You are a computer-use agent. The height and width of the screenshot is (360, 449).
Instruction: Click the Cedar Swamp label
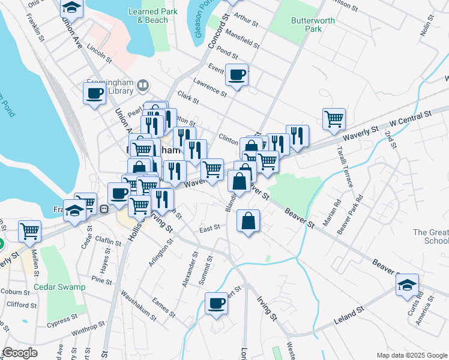pyautogui.click(x=59, y=287)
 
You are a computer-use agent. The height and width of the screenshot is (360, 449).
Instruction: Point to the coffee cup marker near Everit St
pyautogui.click(x=237, y=75)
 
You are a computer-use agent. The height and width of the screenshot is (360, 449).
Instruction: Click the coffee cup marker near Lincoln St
pyautogui.click(x=95, y=94)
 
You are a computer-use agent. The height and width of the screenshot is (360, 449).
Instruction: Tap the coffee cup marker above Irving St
pyautogui.click(x=216, y=303)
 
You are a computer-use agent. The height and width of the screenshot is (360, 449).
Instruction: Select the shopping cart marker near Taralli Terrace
pyautogui.click(x=333, y=118)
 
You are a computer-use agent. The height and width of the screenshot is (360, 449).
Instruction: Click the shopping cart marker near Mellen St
pyautogui.click(x=29, y=231)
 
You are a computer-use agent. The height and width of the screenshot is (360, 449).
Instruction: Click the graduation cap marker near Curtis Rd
pyautogui.click(x=407, y=285)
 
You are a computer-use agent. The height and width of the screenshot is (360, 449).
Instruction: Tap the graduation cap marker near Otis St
pyautogui.click(x=72, y=8)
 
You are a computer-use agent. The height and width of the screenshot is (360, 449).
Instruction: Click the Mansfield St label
pyautogui.click(x=243, y=41)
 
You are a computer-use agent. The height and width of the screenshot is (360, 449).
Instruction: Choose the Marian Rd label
pyautogui.click(x=330, y=212)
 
